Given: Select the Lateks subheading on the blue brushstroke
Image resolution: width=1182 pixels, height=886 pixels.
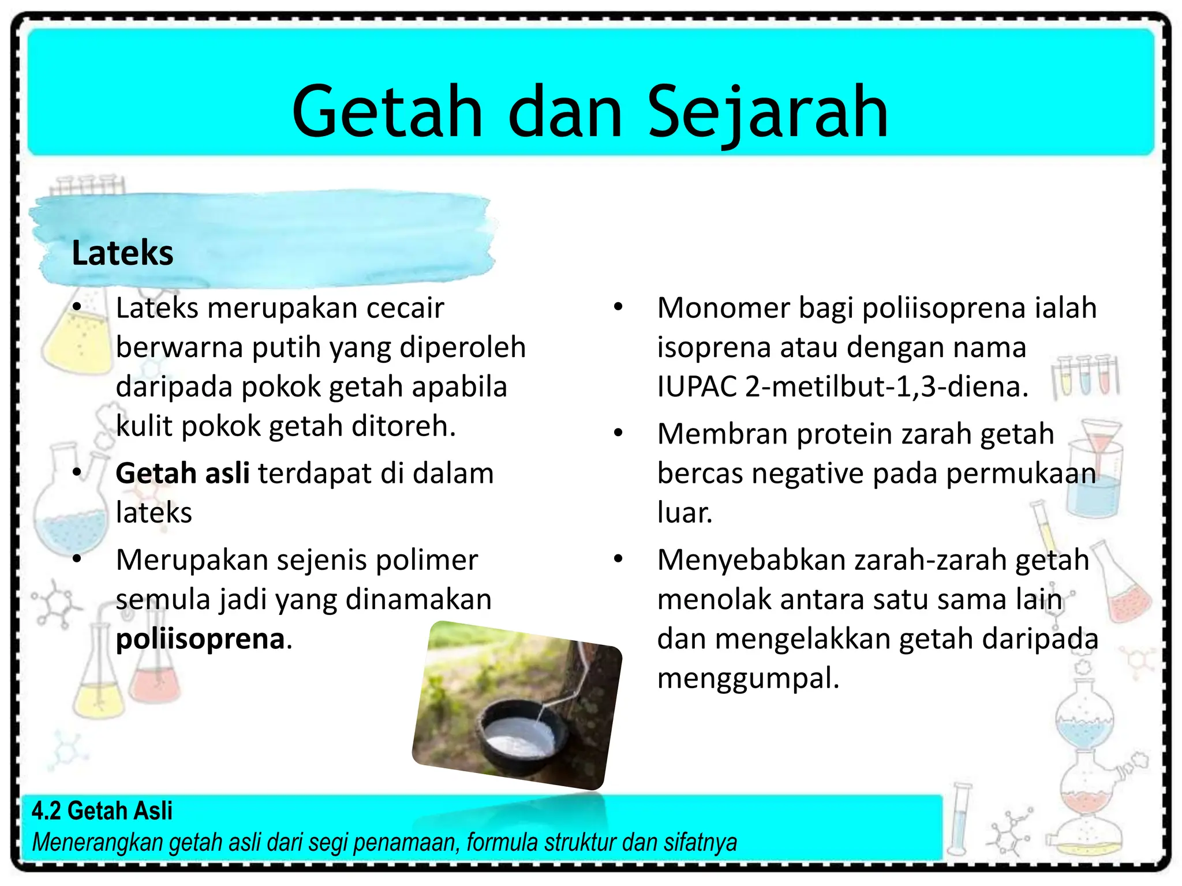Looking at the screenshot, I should pyautogui.click(x=122, y=253).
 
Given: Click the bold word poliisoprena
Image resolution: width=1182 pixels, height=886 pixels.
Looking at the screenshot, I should pyautogui.click(x=200, y=639).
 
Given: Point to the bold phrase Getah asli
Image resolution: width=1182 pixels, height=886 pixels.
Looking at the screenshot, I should pyautogui.click(x=182, y=473).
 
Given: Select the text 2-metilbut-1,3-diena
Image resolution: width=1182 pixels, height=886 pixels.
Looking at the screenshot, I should pyautogui.click(x=886, y=386).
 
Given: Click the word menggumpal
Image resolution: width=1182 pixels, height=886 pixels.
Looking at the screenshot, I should pyautogui.click(x=747, y=678).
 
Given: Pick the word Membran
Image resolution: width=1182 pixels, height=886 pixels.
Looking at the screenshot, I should pyautogui.click(x=722, y=434).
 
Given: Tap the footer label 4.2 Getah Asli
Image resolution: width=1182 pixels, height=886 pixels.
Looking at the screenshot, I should pyautogui.click(x=102, y=810).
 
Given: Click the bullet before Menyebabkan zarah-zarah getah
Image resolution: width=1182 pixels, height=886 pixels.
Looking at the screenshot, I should pyautogui.click(x=618, y=558).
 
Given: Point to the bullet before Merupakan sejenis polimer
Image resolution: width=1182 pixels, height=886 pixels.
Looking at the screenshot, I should pyautogui.click(x=77, y=558).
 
